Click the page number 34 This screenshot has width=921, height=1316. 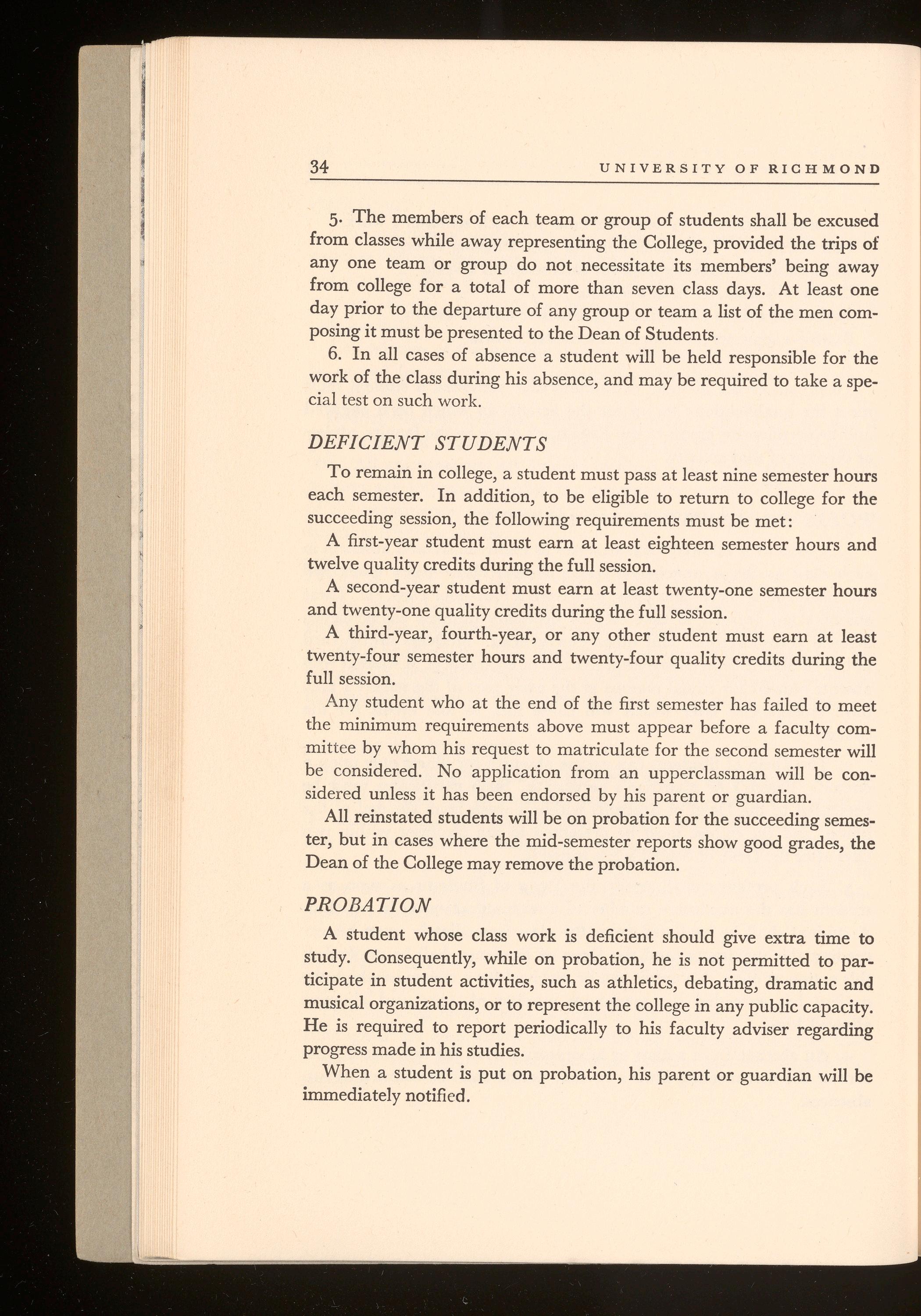click(x=318, y=167)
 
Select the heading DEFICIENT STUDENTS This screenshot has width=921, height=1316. click(x=427, y=443)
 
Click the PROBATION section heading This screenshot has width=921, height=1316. click(x=367, y=905)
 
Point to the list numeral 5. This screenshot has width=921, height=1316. click(x=336, y=220)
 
